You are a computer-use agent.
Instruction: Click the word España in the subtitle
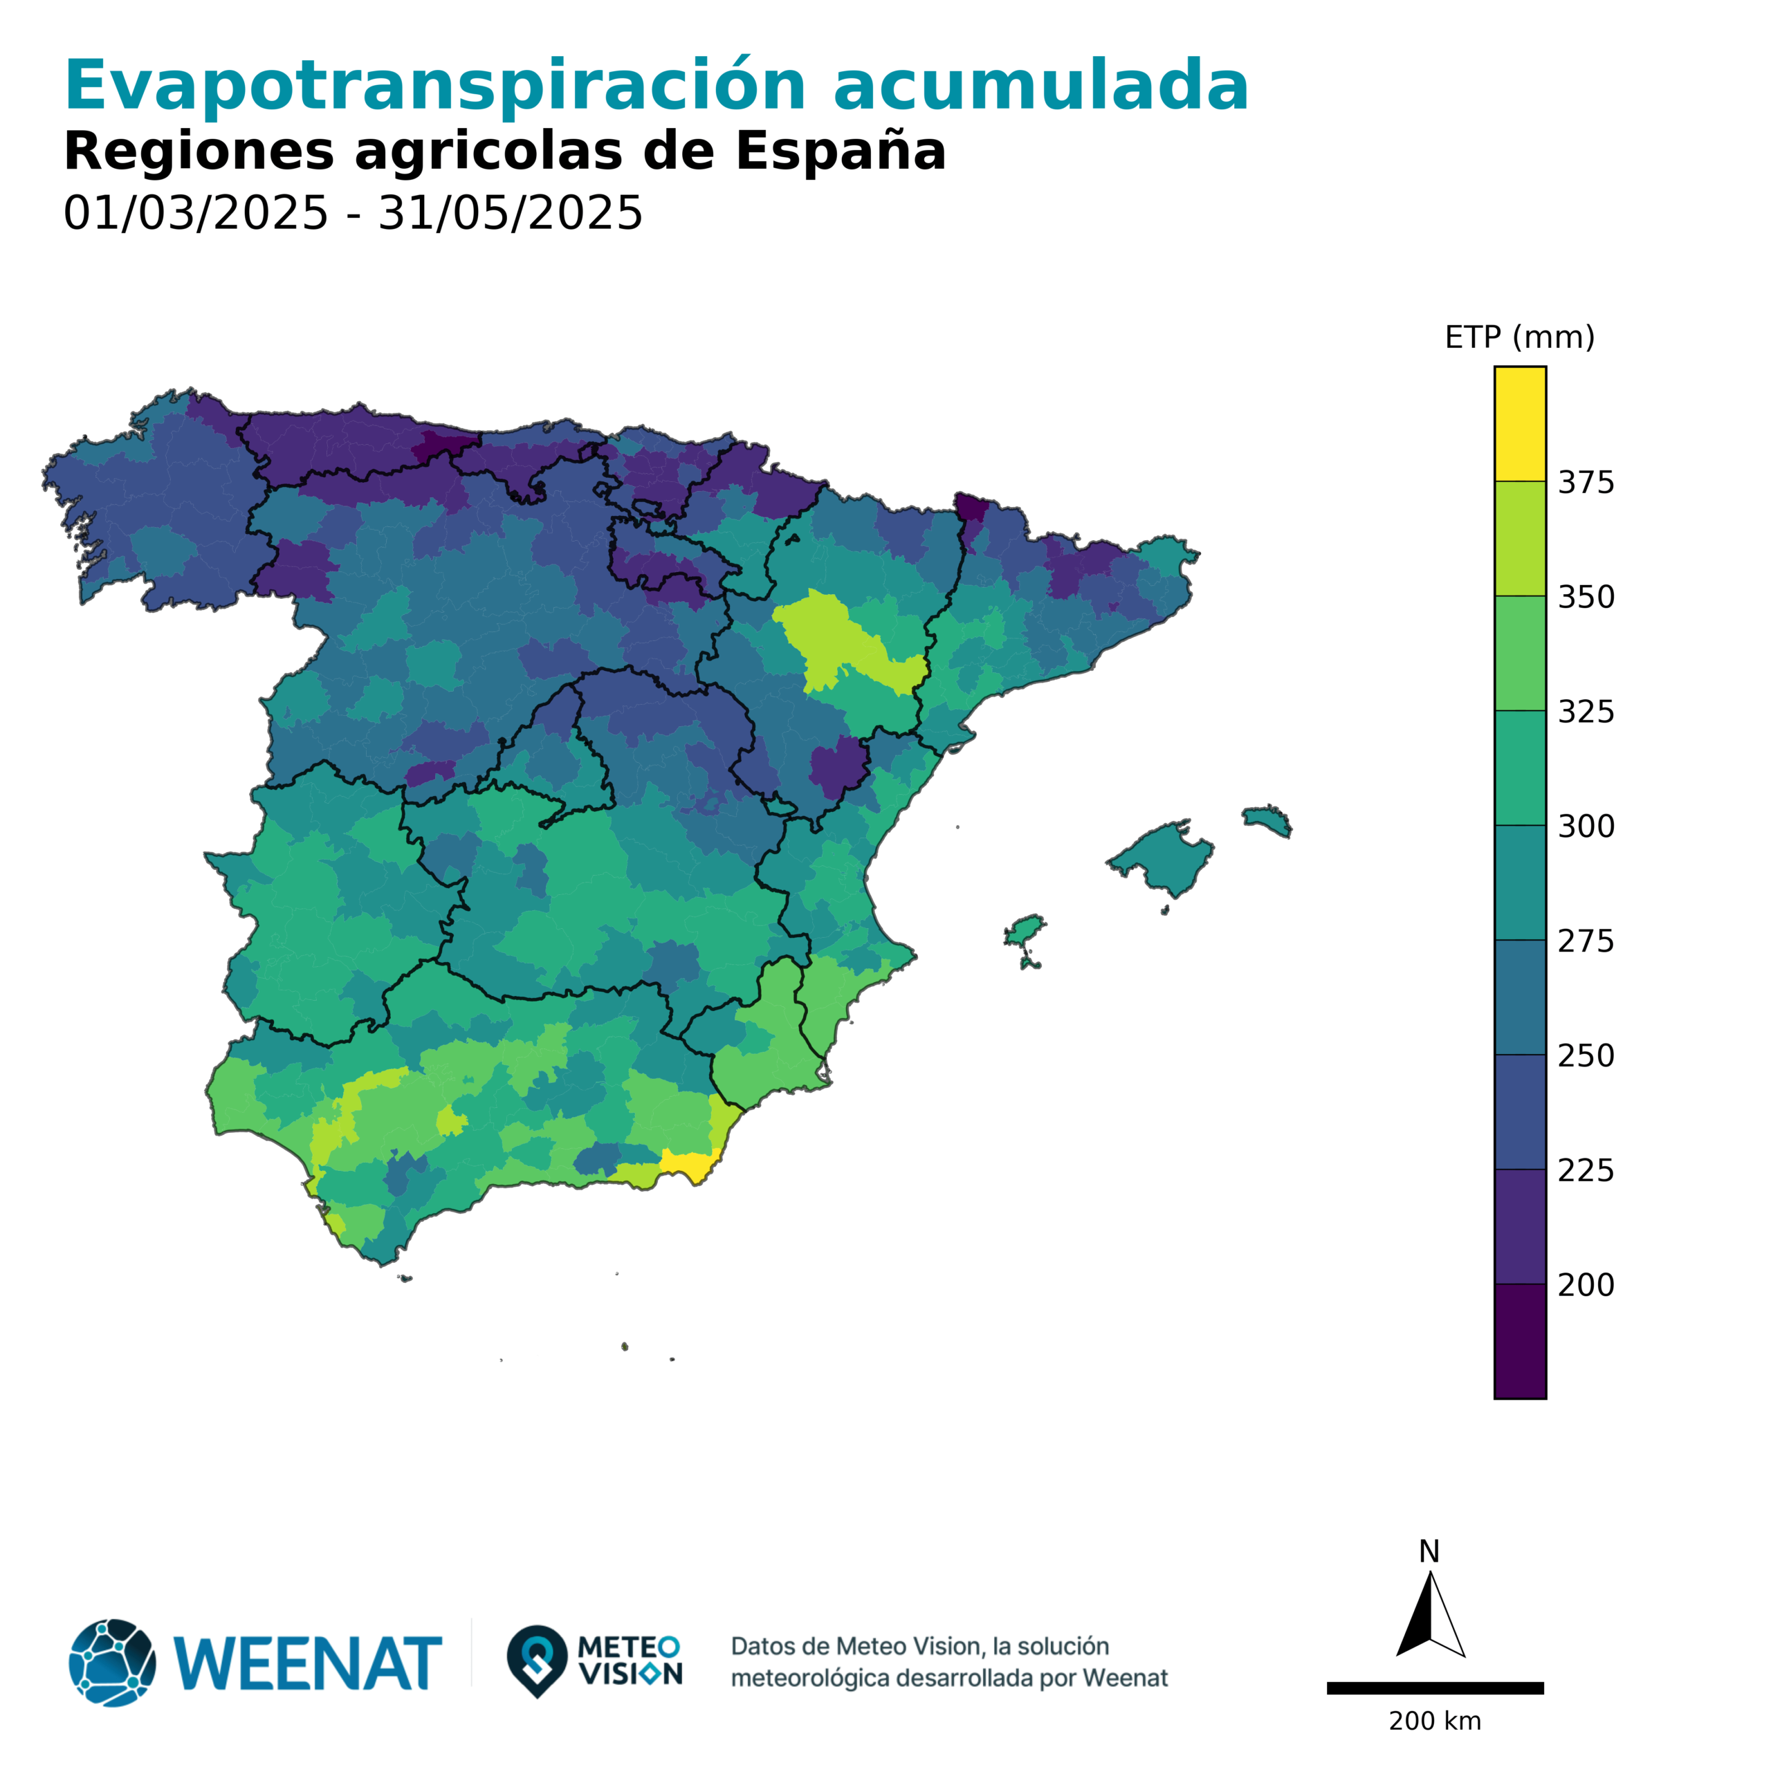pos(840,151)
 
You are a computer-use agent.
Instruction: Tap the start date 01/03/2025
pos(195,214)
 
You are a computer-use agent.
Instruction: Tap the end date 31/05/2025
pos(510,214)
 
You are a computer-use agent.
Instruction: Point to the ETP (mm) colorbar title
pos(1519,338)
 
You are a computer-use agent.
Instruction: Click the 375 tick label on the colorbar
pos(1586,482)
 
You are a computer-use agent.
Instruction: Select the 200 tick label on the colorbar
pos(1586,1285)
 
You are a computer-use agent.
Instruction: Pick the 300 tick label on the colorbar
pos(1586,826)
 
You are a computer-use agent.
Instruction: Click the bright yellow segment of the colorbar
pos(1519,423)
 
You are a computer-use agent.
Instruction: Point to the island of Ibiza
pos(1024,932)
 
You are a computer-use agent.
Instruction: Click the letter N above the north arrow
pos(1428,1551)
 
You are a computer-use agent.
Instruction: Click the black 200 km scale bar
pos(1435,1687)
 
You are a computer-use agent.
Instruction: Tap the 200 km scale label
pos(1435,1721)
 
